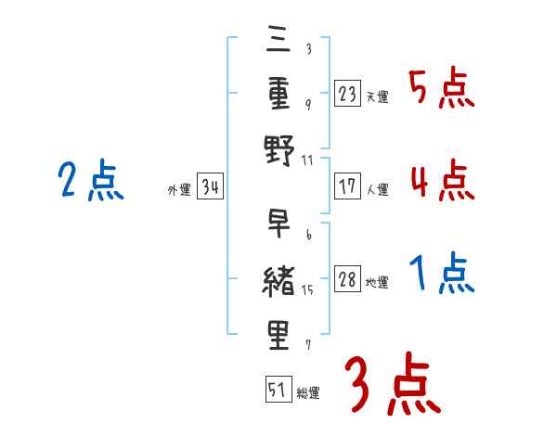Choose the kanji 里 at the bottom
278,334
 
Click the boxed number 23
348,94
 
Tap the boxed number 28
348,280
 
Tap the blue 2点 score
88,181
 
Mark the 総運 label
308,393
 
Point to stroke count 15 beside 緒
307,290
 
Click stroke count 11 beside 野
307,160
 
